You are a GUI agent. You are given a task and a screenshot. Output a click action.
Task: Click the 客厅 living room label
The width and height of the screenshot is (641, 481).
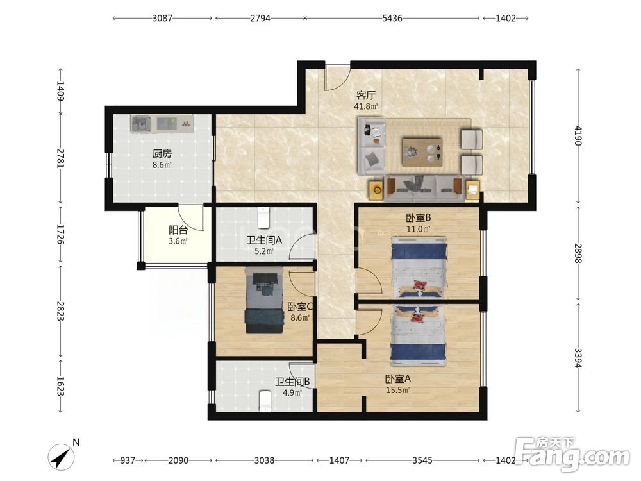[366, 96]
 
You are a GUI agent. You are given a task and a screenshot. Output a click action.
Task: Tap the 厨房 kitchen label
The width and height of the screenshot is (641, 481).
[162, 154]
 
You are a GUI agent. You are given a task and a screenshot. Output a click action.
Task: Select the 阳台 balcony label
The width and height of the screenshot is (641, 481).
[178, 230]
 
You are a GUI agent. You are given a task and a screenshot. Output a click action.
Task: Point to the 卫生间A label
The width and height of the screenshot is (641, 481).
[264, 240]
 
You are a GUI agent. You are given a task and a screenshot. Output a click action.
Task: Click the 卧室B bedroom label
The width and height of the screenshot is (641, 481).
[419, 218]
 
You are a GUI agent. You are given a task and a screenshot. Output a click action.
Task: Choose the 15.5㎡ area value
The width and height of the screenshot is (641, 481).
[398, 390]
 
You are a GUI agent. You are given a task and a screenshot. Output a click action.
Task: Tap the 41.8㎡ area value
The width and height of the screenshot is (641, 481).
[366, 106]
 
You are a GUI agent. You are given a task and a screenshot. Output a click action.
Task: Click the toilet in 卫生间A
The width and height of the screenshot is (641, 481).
[263, 217]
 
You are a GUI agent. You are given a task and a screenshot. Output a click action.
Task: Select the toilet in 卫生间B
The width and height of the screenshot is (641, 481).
[266, 400]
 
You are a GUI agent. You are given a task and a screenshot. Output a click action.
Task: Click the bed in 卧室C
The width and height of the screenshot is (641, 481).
[264, 300]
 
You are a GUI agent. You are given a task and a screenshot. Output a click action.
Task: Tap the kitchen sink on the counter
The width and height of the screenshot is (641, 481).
[141, 124]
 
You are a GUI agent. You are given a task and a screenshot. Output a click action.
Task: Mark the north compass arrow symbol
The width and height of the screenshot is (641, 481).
[60, 457]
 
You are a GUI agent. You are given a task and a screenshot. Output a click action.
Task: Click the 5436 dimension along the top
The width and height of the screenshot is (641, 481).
[392, 18]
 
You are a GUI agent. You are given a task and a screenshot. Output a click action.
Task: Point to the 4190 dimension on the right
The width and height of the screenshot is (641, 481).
[578, 135]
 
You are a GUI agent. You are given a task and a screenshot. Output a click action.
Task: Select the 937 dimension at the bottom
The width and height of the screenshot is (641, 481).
[128, 460]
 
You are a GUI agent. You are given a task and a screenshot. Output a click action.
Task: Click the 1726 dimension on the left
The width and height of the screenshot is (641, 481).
[60, 234]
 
